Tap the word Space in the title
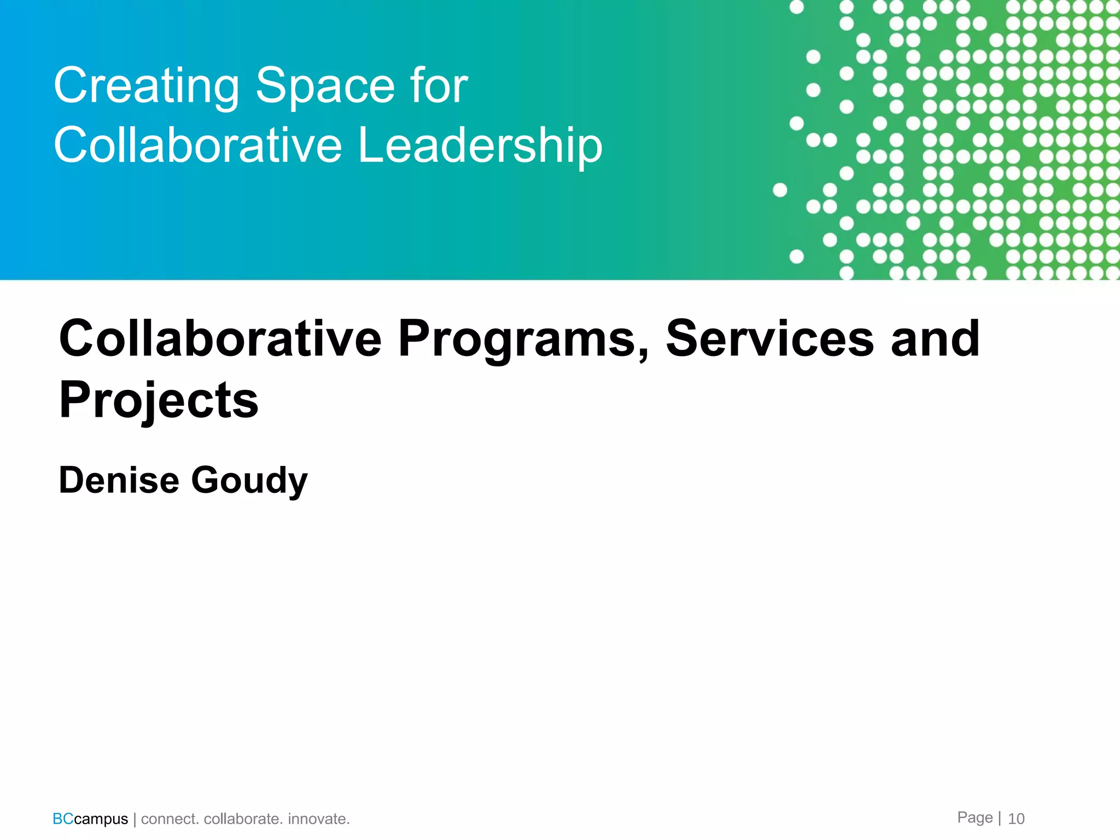pyautogui.click(x=325, y=86)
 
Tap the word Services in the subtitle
pyautogui.click(x=769, y=339)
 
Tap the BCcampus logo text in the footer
pyautogui.click(x=90, y=819)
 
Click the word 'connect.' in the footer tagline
pyautogui.click(x=170, y=819)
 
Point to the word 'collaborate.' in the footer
pyautogui.click(x=243, y=819)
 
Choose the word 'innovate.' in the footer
pyautogui.click(x=319, y=819)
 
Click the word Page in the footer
pyautogui.click(x=975, y=818)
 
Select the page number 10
pyautogui.click(x=1016, y=819)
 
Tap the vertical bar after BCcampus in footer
pyautogui.click(x=135, y=819)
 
